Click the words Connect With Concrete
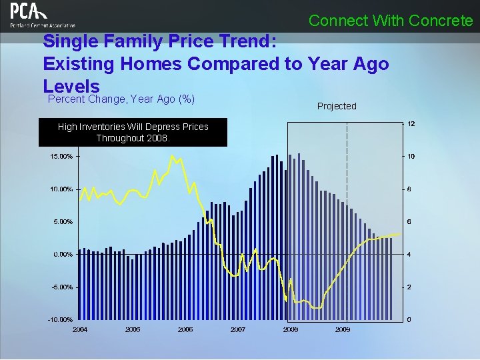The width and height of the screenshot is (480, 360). (390, 21)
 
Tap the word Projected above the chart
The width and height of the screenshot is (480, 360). (337, 106)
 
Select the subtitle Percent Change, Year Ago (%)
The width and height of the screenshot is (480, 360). (121, 99)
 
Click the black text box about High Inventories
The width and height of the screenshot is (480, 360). (133, 132)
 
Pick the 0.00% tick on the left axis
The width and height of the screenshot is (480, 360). (63, 254)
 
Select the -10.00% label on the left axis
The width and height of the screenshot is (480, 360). (59, 319)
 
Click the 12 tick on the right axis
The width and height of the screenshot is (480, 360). (411, 125)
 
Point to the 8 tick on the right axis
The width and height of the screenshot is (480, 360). (409, 189)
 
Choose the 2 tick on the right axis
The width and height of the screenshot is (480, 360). (409, 287)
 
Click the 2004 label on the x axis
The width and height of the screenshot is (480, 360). (80, 329)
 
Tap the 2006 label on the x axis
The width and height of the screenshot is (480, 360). (185, 329)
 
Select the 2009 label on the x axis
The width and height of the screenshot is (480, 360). (343, 329)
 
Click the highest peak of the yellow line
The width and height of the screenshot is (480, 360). (172, 156)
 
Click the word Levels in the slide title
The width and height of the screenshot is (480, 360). (71, 87)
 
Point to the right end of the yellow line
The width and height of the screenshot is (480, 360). (399, 234)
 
